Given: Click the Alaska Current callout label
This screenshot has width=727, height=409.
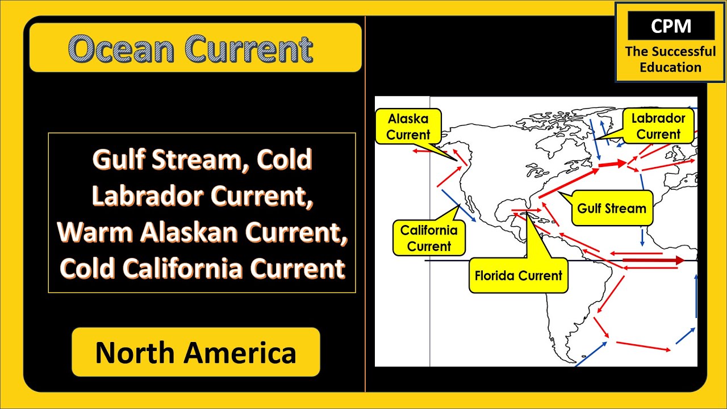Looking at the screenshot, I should (x=408, y=127).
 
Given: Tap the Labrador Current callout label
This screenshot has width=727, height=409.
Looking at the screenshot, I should (x=658, y=126).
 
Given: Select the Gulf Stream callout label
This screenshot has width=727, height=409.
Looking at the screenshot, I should (x=611, y=208).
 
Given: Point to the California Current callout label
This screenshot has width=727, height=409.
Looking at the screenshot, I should (x=429, y=238).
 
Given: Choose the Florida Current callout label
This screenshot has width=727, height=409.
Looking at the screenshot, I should (x=518, y=276).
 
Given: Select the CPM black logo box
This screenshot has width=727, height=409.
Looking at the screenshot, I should (x=670, y=27).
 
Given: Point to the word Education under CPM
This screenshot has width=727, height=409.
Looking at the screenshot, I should (x=670, y=67).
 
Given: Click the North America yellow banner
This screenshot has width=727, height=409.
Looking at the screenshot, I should (x=196, y=352).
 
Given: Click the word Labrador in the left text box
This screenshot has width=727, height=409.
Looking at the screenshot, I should (x=147, y=196).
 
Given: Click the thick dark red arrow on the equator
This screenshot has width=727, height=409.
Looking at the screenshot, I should (x=653, y=260).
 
